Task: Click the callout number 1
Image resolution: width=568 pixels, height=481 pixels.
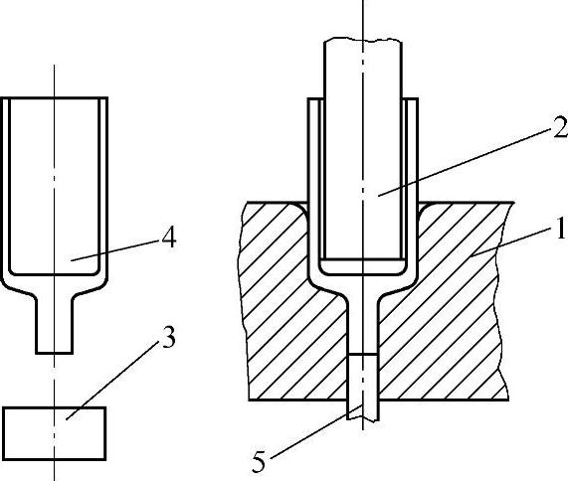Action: click(x=561, y=229)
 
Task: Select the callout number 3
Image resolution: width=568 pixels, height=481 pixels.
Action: click(x=168, y=337)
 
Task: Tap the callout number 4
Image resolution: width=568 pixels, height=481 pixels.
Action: click(x=169, y=238)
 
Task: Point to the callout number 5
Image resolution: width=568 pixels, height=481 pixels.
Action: click(x=259, y=462)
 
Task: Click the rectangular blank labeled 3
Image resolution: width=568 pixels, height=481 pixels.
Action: click(x=55, y=433)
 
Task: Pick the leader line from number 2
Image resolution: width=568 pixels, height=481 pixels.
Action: click(x=463, y=163)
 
